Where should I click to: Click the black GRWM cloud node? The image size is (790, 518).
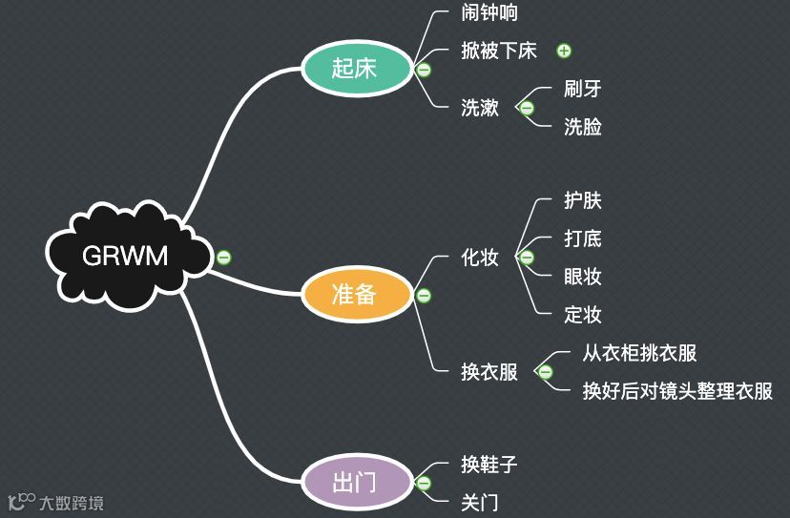124,256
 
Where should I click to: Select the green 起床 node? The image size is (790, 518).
354,69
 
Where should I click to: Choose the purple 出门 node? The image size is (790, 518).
354,481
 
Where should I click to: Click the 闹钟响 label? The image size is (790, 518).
489,13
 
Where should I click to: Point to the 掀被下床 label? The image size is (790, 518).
499,51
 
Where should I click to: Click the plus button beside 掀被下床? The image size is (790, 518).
564,51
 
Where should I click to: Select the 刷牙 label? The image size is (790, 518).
583,89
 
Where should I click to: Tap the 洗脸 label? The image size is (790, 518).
583,126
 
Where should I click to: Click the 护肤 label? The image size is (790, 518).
583,201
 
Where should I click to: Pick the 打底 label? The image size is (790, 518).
583,238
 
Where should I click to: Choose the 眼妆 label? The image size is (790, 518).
583,277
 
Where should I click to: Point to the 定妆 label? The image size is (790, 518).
583,314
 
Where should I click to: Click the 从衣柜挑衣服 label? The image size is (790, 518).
640,353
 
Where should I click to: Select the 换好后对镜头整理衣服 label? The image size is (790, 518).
677,391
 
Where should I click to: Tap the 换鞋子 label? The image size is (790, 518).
489,465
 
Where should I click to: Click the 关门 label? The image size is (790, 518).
480,502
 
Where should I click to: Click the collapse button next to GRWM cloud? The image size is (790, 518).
223,257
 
